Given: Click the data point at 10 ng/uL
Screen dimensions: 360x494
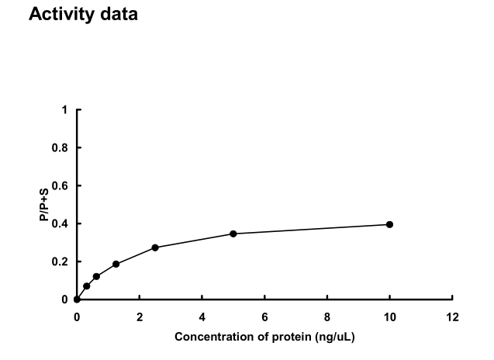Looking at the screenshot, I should [389, 224].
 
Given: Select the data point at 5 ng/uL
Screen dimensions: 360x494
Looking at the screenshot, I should [233, 234].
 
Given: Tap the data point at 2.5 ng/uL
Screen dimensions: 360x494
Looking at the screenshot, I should [155, 247].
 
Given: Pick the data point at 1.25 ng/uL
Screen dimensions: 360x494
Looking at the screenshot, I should [116, 264].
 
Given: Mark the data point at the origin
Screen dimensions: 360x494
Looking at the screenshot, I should [77, 299].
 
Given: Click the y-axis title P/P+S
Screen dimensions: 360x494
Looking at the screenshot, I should [45, 205].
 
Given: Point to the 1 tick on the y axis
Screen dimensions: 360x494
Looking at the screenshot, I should [65, 110].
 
